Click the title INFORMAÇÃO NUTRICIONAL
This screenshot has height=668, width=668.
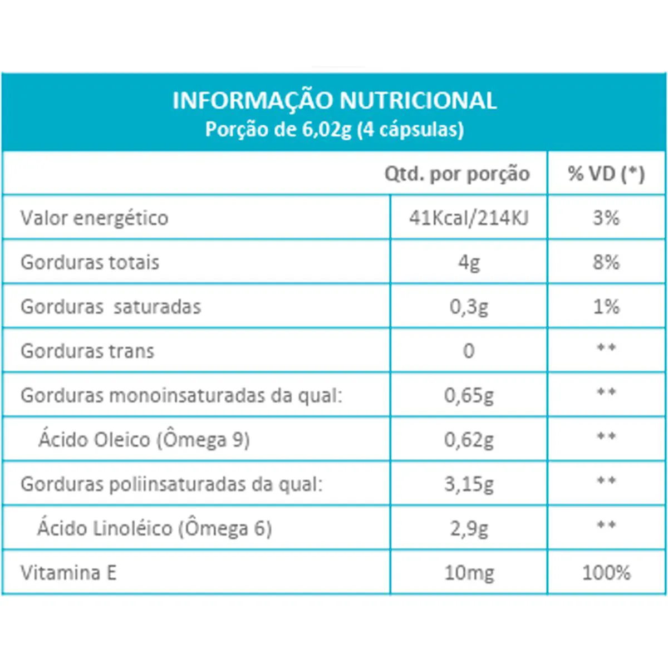pyautogui.click(x=334, y=101)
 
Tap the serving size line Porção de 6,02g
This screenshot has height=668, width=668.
pyautogui.click(x=334, y=129)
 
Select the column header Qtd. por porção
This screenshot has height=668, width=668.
pyautogui.click(x=456, y=174)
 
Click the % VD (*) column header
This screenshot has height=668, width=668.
pyautogui.click(x=606, y=174)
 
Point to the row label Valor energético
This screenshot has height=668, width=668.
pyautogui.click(x=94, y=218)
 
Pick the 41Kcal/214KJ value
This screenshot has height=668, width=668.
pyautogui.click(x=469, y=218)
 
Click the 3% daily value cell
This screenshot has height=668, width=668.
pyautogui.click(x=606, y=218)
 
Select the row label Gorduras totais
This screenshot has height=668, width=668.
pyautogui.click(x=90, y=262)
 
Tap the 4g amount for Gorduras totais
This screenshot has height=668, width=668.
pyautogui.click(x=469, y=262)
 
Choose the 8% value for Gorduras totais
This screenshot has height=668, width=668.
pyautogui.click(x=606, y=262)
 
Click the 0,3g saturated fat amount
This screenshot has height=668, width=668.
pyautogui.click(x=469, y=307)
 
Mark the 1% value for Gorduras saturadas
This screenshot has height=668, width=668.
pyautogui.click(x=606, y=307)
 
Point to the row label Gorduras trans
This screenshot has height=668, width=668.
pyautogui.click(x=87, y=351)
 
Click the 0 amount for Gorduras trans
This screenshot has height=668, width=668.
pyautogui.click(x=469, y=351)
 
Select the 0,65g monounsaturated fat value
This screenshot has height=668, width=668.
pyautogui.click(x=469, y=396)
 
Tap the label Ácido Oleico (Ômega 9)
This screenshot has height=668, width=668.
pyautogui.click(x=144, y=440)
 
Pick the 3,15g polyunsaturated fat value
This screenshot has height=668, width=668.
pyautogui.click(x=469, y=484)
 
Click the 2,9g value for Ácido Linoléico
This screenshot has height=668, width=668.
pyautogui.click(x=469, y=528)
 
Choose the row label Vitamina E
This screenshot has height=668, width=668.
pyautogui.click(x=68, y=573)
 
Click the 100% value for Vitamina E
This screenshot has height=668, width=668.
pyautogui.click(x=606, y=573)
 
